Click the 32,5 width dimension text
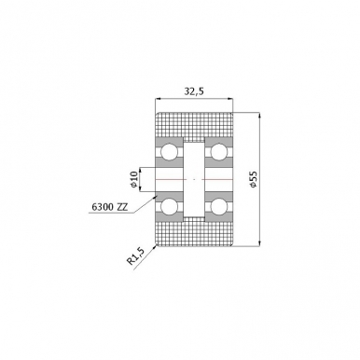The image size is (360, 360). pyautogui.click(x=194, y=91)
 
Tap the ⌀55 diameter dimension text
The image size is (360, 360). pyautogui.click(x=253, y=179)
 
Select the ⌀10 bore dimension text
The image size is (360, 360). pyautogui.click(x=134, y=179)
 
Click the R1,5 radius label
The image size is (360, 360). pyautogui.click(x=136, y=256)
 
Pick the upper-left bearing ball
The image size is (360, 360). pyautogui.click(x=169, y=152)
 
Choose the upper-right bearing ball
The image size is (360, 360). pyautogui.click(x=219, y=152)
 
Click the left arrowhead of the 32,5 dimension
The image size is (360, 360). pyautogui.click(x=158, y=99)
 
